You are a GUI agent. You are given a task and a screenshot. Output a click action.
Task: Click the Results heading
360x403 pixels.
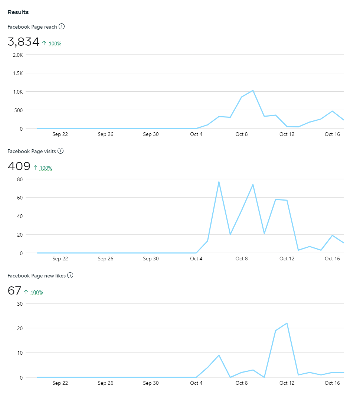(18, 12)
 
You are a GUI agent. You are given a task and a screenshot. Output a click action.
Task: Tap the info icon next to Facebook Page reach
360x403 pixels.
(62, 26)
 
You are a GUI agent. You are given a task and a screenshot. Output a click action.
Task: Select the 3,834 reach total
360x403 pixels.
(23, 42)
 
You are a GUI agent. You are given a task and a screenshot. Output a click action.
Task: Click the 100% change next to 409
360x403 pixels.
(46, 168)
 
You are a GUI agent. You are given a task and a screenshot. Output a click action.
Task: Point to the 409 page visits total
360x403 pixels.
(19, 166)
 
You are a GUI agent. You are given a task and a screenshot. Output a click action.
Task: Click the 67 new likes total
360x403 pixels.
(14, 291)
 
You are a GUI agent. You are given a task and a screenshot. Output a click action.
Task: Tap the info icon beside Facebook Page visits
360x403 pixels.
(61, 151)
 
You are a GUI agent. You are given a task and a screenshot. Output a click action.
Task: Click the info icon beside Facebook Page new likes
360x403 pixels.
(70, 275)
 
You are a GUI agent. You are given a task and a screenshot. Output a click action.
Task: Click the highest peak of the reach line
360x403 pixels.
(253, 90)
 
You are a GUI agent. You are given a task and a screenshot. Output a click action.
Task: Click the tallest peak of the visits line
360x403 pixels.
(219, 182)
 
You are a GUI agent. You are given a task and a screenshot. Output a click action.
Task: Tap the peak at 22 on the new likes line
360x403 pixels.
(287, 323)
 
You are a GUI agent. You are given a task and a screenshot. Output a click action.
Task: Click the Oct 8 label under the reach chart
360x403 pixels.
(242, 134)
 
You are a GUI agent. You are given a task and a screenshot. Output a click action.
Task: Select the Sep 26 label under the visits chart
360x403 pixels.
(105, 259)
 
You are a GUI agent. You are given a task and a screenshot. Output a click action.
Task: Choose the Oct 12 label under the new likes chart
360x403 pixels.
(287, 383)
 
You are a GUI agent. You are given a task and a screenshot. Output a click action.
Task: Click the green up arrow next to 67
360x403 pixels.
(26, 292)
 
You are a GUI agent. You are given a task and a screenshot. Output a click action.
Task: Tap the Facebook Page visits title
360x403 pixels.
(32, 151)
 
